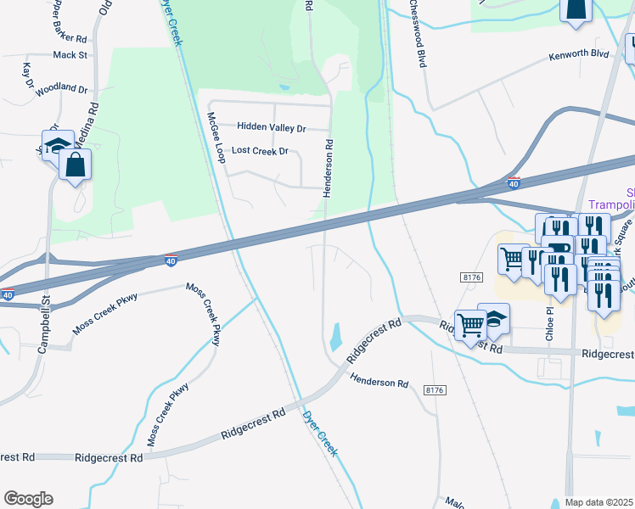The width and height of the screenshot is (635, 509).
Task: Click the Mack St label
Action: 70,55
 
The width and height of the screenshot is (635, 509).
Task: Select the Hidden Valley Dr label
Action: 271,127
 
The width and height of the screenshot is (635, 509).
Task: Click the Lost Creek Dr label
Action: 260,151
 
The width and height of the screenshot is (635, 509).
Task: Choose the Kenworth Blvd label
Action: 578,54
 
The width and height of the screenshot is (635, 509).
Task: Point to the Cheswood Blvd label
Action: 417,33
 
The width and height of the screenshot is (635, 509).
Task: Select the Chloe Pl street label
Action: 549,323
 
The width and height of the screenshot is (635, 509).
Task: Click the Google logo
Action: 28,499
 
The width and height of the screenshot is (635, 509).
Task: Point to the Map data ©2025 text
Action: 599,502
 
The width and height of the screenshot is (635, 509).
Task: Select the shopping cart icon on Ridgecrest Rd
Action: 469,323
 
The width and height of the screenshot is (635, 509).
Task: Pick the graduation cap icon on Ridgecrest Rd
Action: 493,318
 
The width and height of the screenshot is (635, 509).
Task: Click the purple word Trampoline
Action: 611,206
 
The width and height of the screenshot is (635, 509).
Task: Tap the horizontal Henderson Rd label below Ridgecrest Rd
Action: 379,383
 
